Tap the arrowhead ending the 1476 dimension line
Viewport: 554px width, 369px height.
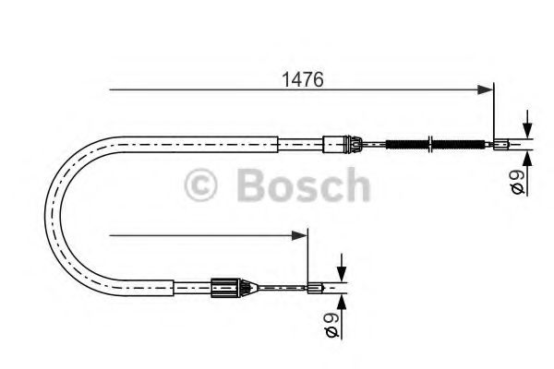click(x=486, y=89)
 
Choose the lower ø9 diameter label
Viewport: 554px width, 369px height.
click(x=332, y=322)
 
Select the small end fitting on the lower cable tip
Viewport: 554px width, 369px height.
click(x=316, y=286)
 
